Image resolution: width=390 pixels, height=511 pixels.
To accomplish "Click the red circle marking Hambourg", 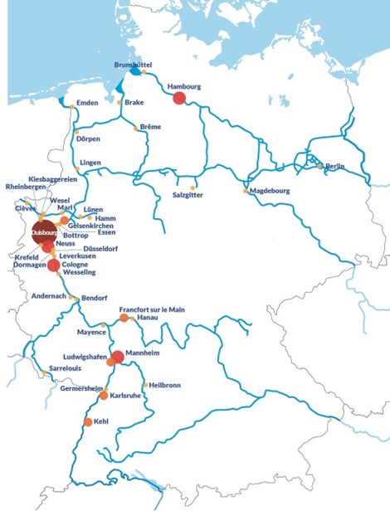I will (178, 99).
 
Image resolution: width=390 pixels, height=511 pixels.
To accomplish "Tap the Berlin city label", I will (335, 167).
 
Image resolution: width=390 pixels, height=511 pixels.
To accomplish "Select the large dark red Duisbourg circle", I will (44, 233).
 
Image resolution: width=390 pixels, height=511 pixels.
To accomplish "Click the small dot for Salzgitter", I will (193, 187).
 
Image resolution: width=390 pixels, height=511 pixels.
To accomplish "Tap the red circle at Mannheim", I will (118, 358).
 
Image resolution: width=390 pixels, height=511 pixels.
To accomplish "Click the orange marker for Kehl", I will (88, 422).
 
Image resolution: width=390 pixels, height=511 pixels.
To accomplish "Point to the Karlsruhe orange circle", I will (104, 396).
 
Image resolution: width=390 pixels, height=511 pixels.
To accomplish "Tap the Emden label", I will (87, 103).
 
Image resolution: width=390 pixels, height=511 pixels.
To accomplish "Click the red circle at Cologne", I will (54, 265).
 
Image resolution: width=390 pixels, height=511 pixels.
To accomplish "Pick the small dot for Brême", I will (135, 127).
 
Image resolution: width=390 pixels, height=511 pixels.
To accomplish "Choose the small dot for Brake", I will (119, 103).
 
